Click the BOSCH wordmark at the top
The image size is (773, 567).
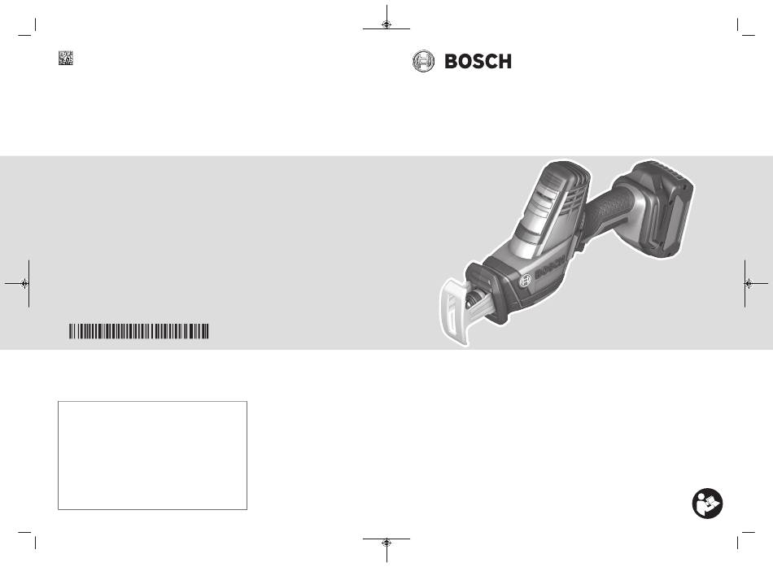click(x=478, y=62)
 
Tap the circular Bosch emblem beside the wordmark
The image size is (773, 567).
click(x=423, y=62)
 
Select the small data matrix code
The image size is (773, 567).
click(x=66, y=58)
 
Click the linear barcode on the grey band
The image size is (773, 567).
click(x=138, y=331)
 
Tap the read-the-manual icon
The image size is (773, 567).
click(x=707, y=504)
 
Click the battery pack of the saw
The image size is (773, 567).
click(x=662, y=208)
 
